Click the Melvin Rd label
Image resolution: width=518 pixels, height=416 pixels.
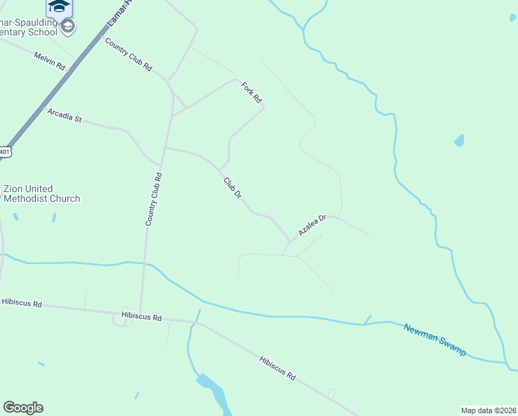click(49, 60)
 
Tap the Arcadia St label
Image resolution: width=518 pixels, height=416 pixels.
click(64, 116)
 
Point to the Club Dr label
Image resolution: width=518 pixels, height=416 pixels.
click(233, 188)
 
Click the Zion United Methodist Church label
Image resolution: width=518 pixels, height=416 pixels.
click(42, 193)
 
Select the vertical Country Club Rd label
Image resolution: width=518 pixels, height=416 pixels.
click(153, 198)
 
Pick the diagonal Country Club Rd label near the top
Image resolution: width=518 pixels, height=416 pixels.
click(128, 53)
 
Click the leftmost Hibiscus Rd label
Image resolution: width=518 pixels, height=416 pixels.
click(22, 303)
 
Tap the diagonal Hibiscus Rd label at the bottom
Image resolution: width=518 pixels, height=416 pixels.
click(278, 367)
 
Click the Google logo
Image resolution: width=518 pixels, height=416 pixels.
click(23, 408)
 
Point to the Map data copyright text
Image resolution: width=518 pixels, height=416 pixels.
click(488, 410)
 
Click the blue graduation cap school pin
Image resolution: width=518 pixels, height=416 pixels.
click(59, 7)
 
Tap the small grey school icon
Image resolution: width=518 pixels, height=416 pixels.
click(68, 26)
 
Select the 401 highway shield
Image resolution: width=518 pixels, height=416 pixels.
click(4, 151)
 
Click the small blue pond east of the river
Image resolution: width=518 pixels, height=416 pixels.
click(459, 141)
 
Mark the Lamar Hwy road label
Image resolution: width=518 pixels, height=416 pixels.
click(118, 14)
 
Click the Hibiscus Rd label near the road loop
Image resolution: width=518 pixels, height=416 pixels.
click(141, 317)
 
